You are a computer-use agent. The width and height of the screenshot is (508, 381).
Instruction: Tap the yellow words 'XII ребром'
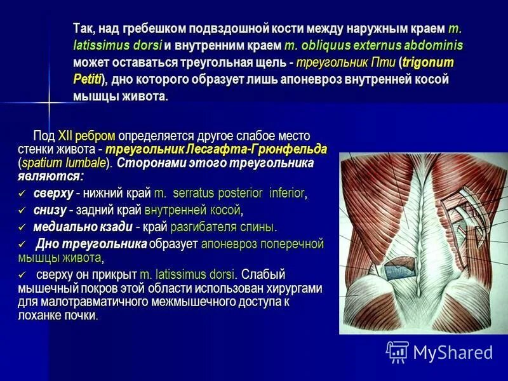point(86,136)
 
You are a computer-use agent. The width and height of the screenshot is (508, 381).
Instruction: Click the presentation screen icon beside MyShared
point(398,352)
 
